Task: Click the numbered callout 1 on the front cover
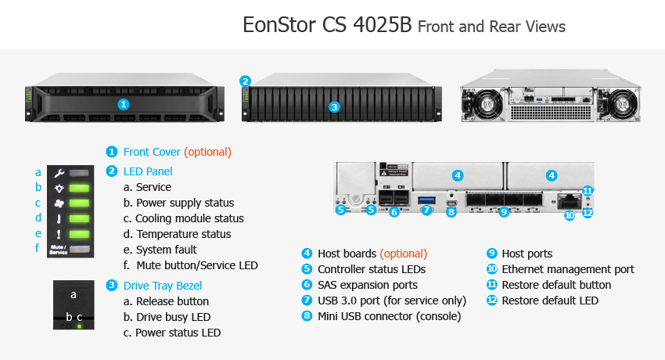[123, 104]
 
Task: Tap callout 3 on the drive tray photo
[334, 107]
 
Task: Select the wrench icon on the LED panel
[59, 173]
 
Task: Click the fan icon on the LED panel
[59, 203]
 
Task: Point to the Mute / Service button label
[58, 250]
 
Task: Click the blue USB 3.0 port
[426, 200]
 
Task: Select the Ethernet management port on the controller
[570, 200]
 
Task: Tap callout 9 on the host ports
[503, 211]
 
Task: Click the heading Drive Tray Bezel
[163, 286]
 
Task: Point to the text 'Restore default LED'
[550, 301]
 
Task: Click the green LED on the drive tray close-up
[79, 326]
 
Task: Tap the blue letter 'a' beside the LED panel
[38, 173]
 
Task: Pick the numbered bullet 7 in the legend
[307, 301]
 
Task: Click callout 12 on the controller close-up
[588, 212]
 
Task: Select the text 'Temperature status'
[184, 234]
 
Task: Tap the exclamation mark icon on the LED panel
[59, 235]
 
